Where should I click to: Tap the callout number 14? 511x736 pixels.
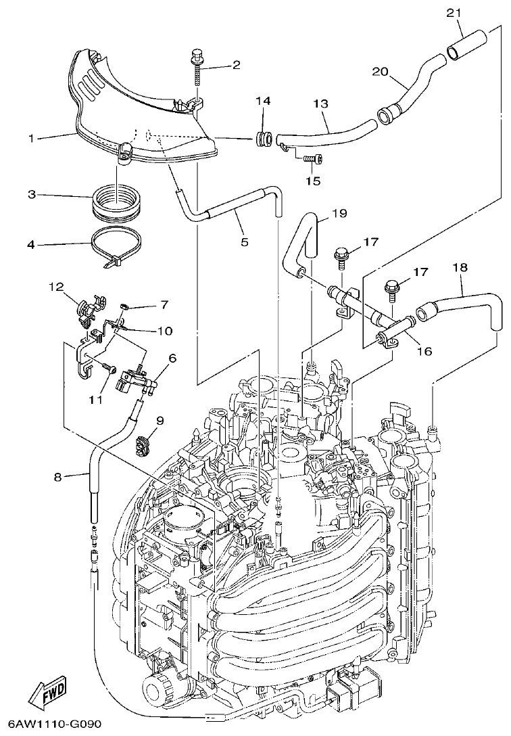[x=263, y=101]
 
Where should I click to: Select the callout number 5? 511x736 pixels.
[x=244, y=241]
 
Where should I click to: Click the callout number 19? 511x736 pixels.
[x=339, y=214]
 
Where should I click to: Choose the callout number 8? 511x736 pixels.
[x=58, y=476]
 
